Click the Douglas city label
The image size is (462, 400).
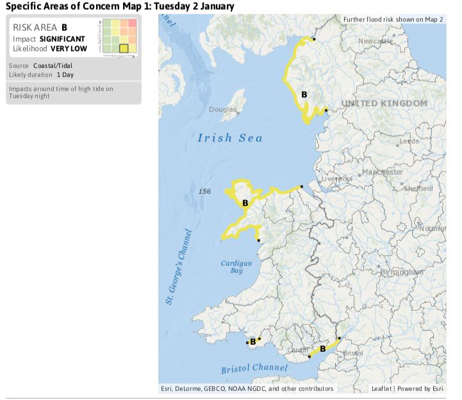click(222, 110)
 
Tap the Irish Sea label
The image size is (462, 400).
click(230, 138)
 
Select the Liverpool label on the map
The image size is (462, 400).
click(337, 178)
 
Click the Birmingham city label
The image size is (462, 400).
click(401, 272)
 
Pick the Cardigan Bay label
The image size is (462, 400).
click(236, 267)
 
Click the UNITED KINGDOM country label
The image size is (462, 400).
click(384, 103)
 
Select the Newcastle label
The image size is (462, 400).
click(375, 41)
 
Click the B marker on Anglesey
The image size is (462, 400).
click(245, 203)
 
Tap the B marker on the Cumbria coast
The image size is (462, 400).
click(304, 94)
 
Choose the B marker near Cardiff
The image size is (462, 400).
click(323, 348)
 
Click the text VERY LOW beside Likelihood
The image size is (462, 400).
click(69, 48)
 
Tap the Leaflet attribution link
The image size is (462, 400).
click(381, 388)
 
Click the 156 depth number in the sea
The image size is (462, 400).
click(205, 191)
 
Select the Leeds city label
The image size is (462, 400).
click(409, 141)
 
